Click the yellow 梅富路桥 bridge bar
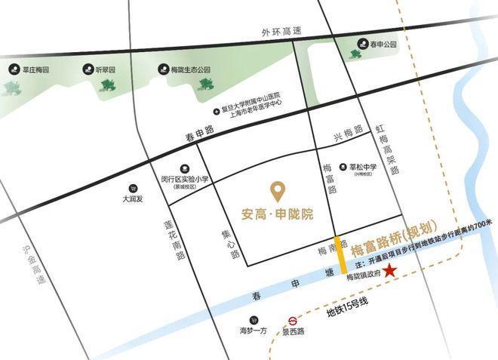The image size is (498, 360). point(341,254)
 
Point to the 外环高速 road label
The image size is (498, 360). point(281,32)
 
